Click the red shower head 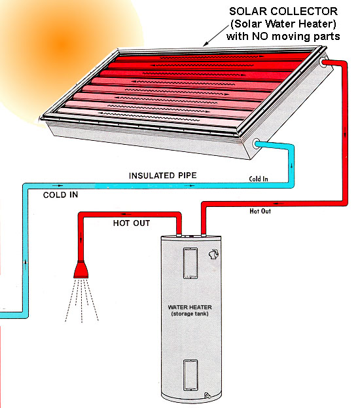81,270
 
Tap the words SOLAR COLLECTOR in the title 283,11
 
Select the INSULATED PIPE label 162,176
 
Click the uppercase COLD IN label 60,195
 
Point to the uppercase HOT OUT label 132,223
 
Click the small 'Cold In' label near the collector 259,179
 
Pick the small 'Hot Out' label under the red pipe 260,211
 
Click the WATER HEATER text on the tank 190,307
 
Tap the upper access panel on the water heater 190,263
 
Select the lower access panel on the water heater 190,375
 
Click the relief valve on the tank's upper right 213,255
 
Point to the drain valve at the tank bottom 207,396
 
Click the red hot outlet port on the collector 323,62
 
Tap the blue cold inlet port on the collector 257,143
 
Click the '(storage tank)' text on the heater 190,314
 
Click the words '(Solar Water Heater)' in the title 283,24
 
